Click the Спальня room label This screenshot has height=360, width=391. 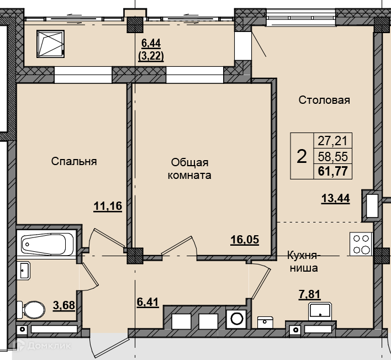click(74, 161)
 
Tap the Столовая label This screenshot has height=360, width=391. click(324, 100)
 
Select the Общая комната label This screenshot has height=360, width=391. click(189, 169)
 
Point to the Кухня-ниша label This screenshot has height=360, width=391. click(304, 262)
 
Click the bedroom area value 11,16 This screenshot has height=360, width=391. click(108, 206)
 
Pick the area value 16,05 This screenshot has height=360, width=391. click(245, 240)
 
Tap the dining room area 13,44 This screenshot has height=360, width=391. click(336, 198)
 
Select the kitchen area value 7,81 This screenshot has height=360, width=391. click(309, 294)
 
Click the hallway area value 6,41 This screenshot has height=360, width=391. click(148, 302)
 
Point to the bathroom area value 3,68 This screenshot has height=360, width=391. click(64, 305)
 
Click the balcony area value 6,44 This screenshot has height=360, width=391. click(151, 44)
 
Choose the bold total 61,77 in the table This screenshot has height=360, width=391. click(333, 171)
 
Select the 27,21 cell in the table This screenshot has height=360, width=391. click(332, 141)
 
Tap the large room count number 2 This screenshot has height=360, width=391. click(302, 157)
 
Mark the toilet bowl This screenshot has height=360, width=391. click(31, 310)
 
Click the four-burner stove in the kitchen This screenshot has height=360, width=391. click(361, 244)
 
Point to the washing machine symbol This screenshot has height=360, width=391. click(236, 319)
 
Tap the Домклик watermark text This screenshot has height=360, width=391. click(49, 346)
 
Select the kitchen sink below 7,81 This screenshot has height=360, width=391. click(320, 311)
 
